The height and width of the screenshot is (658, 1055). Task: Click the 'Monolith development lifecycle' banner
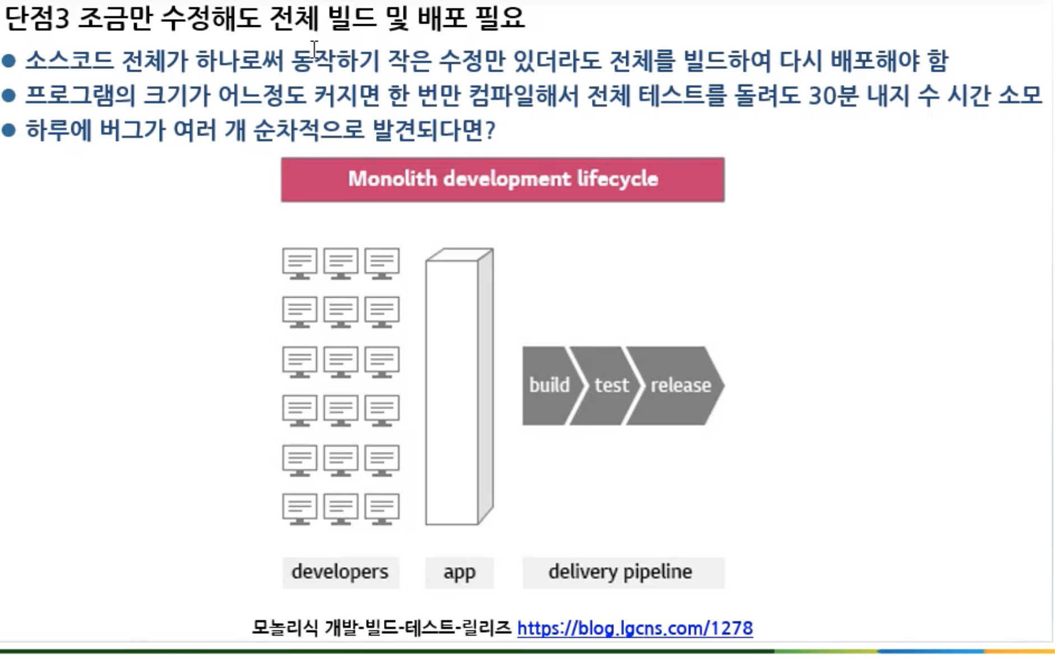coord(502,179)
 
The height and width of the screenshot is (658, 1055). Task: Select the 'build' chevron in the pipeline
coord(548,385)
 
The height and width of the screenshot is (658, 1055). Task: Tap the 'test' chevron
coord(610,385)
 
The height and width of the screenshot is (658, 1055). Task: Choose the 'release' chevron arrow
coord(680,385)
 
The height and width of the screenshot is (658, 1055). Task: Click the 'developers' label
coord(340,572)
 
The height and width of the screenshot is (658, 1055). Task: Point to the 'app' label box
coord(459,572)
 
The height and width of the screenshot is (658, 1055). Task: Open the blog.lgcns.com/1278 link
coord(635,628)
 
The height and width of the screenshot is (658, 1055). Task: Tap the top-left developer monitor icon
coord(299,263)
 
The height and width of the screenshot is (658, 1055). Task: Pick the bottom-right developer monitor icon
coord(382,508)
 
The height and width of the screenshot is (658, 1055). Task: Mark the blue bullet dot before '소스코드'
coord(9,61)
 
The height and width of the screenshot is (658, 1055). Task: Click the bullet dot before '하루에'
coord(9,131)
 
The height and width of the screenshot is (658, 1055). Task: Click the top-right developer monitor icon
coord(382,263)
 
